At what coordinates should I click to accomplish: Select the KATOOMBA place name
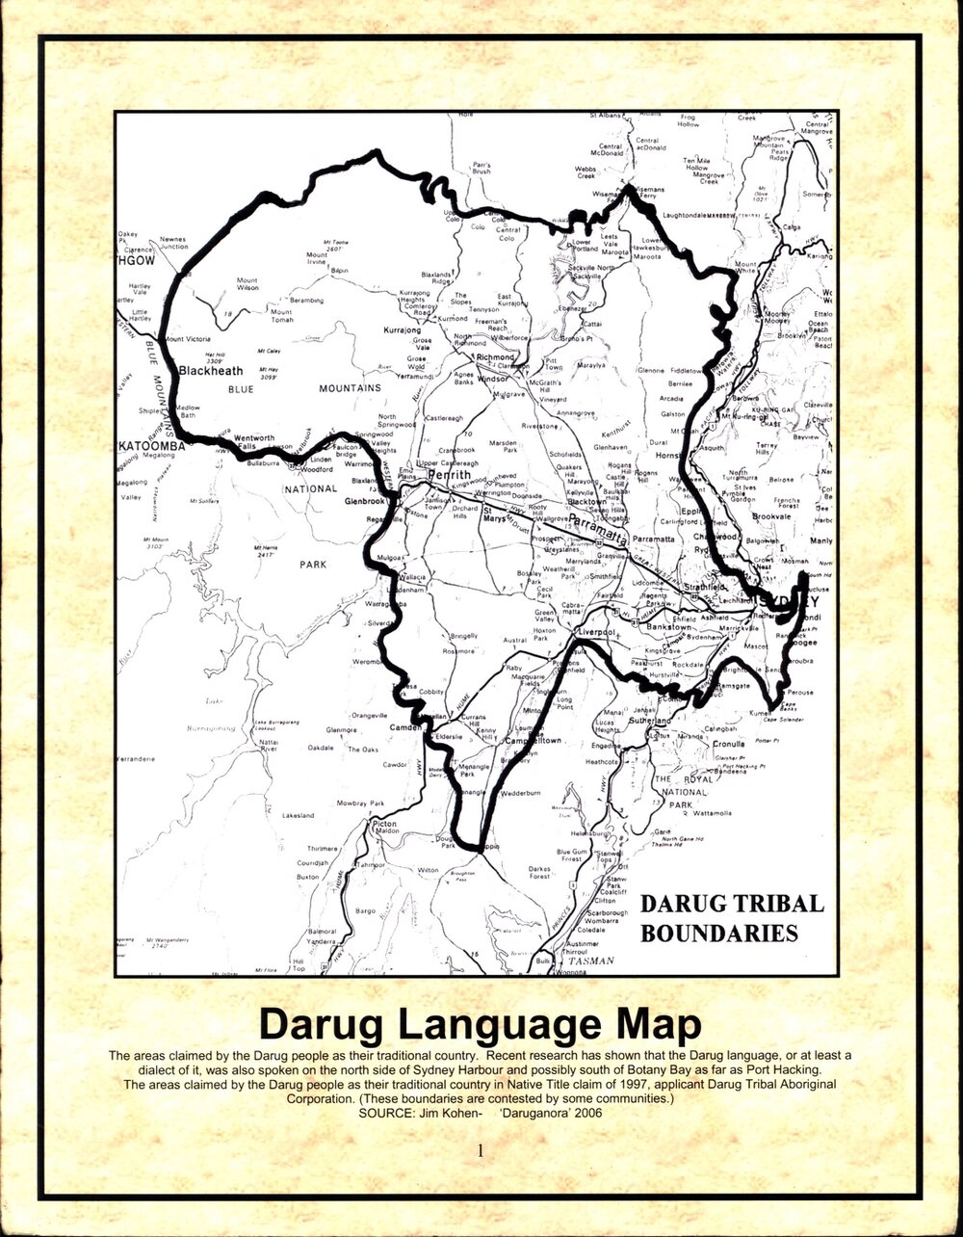[151, 447]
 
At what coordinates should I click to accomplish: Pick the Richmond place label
[496, 357]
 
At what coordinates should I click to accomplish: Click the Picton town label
[384, 825]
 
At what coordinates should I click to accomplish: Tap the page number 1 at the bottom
[481, 1149]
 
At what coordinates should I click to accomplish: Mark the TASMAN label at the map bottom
[590, 961]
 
